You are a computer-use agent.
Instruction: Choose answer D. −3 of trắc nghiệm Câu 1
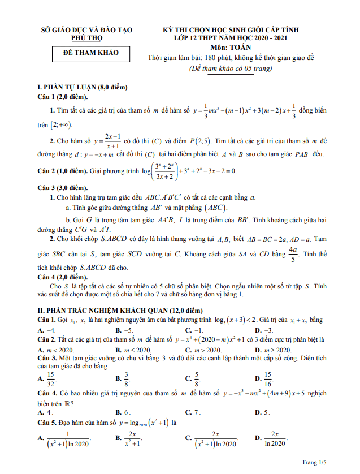pos(264,330)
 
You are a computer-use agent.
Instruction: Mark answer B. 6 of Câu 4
pos(124,412)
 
